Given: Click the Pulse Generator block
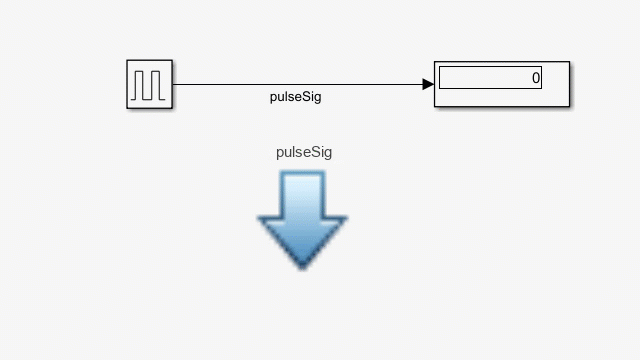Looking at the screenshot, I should pos(150,84).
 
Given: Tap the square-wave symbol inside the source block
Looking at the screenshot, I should pos(150,84).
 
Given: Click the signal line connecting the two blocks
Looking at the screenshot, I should pos(300,85).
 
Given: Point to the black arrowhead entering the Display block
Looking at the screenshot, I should pos(428,85).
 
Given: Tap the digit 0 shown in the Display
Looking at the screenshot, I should pos(535,78).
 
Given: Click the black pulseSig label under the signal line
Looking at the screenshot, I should pos(296,98).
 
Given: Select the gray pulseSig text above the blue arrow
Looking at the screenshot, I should pos(304,153).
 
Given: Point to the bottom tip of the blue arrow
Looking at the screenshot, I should pos(303,265).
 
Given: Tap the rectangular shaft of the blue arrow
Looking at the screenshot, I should pos(303,193).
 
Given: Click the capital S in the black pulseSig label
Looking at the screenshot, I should pos(305,97).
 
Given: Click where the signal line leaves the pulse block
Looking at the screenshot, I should pos(175,85).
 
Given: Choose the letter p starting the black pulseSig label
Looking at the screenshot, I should pos(273,99).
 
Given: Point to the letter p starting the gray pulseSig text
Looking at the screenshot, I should pos(280,154).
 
